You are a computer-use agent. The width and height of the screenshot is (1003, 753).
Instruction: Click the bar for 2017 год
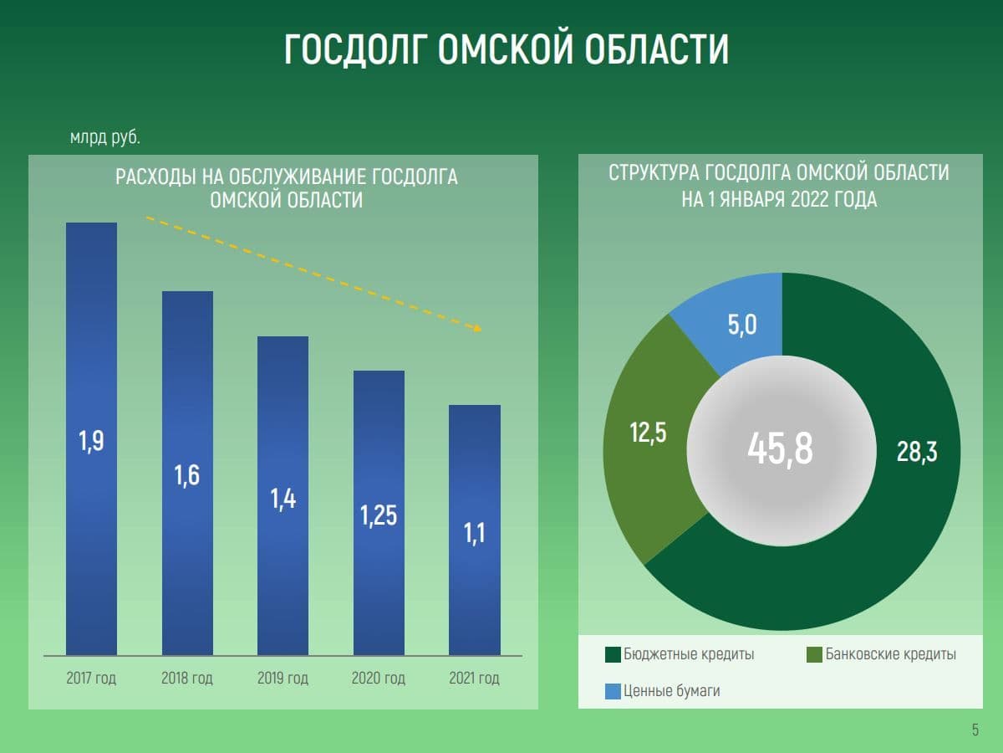pos(91,438)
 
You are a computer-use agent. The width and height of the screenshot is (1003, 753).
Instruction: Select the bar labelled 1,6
pos(187,473)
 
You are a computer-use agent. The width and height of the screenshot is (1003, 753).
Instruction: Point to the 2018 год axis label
pos(187,678)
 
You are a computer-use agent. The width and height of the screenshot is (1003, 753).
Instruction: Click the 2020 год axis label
pos(379,678)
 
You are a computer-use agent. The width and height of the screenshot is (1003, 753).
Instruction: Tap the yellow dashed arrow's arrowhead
pos(477,328)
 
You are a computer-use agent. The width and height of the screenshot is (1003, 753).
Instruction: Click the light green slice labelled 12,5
pos(648,435)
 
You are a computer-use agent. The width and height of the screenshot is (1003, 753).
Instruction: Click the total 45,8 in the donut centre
pos(780,450)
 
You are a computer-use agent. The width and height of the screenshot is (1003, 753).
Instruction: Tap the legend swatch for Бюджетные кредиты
pos(613,654)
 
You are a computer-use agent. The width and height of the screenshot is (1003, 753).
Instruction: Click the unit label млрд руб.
pos(104,136)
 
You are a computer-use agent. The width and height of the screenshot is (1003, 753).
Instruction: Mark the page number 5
pos(975,730)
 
